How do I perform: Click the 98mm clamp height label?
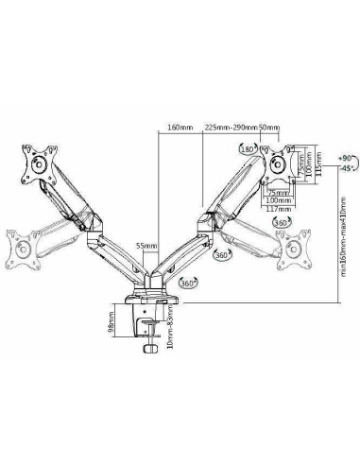tap(112, 325)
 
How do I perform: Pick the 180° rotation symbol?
tap(249, 149)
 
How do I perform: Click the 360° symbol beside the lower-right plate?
tap(281, 222)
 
